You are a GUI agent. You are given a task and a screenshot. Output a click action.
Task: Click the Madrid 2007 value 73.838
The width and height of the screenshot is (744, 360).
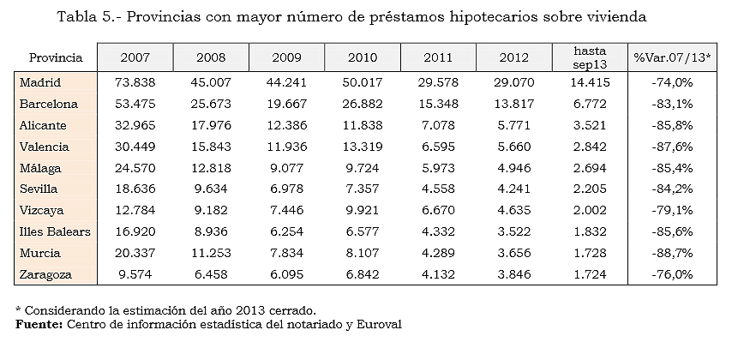pyautogui.click(x=135, y=82)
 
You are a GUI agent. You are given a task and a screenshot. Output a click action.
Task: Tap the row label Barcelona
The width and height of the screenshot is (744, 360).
pyautogui.click(x=49, y=104)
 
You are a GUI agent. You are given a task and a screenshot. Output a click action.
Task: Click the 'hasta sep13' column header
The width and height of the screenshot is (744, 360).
pyautogui.click(x=593, y=57)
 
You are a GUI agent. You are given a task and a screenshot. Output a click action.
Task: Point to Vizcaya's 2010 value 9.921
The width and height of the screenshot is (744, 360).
pyautogui.click(x=364, y=211)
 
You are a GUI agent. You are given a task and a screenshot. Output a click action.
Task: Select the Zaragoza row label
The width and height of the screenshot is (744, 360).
pyautogui.click(x=46, y=275)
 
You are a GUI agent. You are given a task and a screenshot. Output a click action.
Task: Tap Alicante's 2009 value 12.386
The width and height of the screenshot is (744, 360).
pyautogui.click(x=287, y=125)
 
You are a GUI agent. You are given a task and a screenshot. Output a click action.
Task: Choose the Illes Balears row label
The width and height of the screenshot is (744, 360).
pyautogui.click(x=54, y=232)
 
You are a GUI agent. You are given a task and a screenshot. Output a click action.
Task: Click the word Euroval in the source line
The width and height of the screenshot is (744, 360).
pyautogui.click(x=378, y=325)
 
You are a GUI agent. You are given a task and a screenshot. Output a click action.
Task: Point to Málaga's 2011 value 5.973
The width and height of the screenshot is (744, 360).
pyautogui.click(x=441, y=168)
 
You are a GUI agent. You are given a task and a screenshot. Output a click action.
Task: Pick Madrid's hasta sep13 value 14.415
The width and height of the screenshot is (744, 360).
pyautogui.click(x=593, y=82)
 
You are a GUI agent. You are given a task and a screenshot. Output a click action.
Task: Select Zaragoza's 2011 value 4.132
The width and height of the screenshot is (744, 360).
pyautogui.click(x=441, y=275)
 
